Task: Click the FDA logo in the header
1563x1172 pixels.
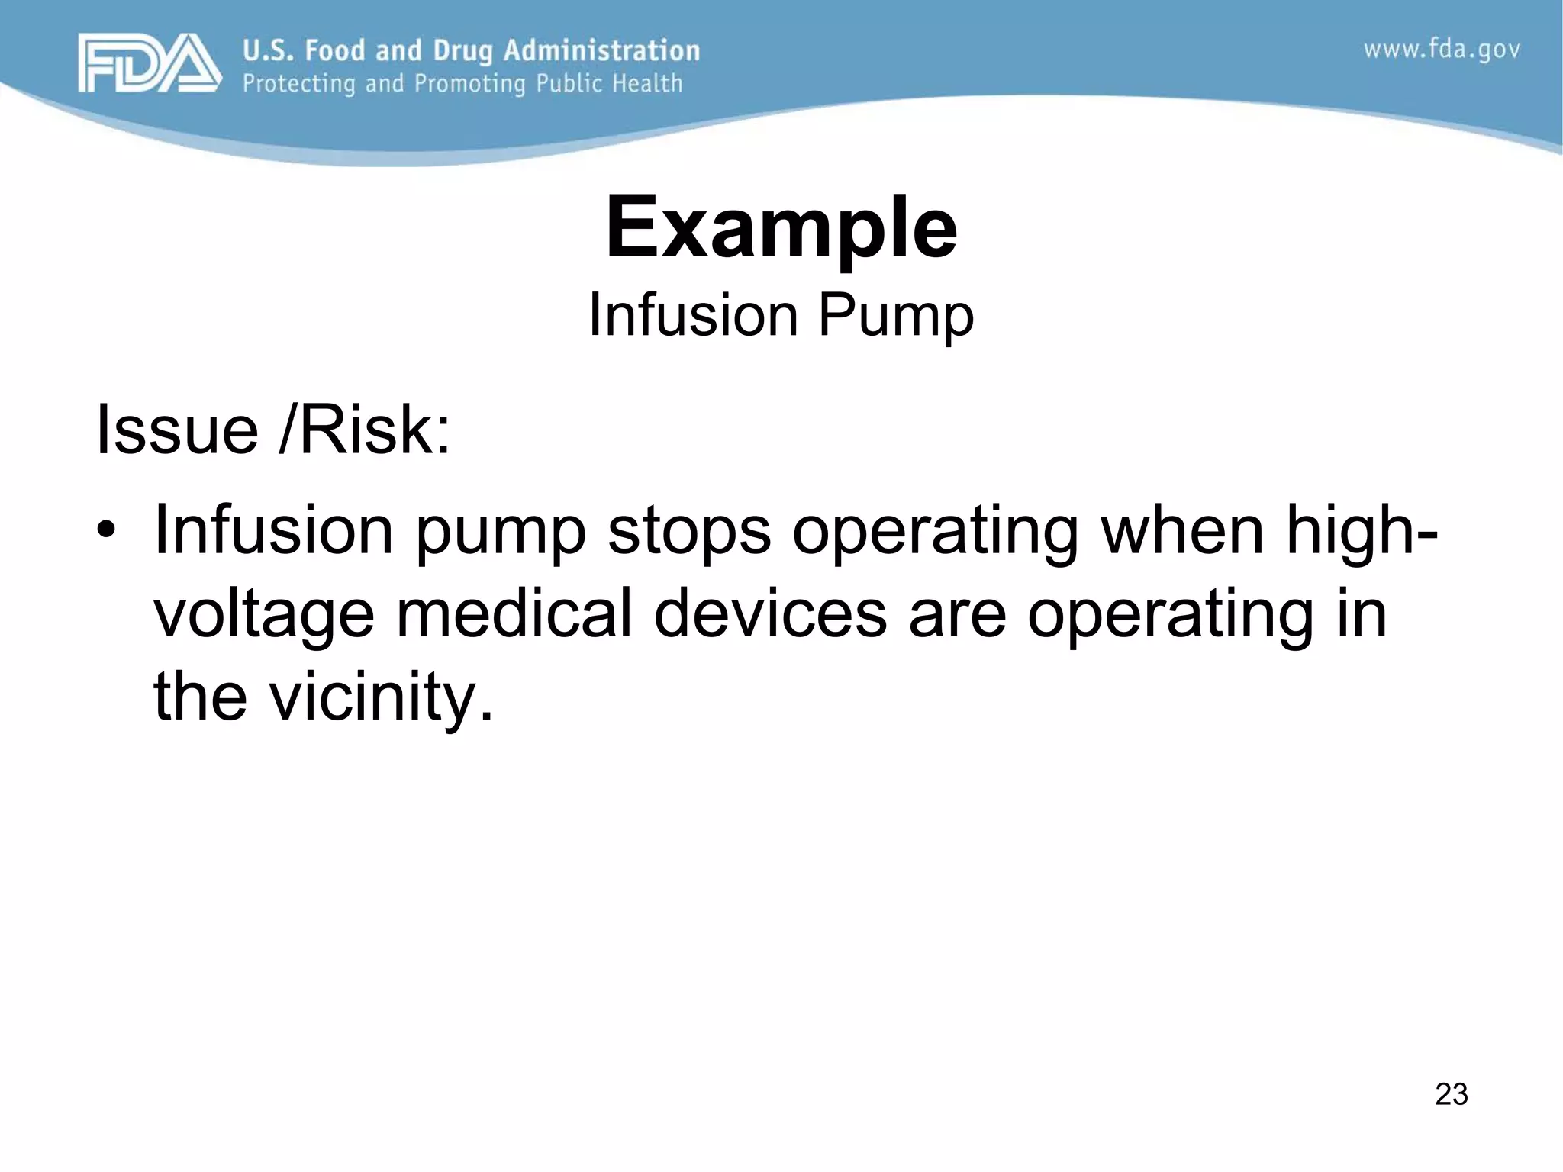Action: pyautogui.click(x=149, y=63)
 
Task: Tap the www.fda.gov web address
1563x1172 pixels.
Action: pyautogui.click(x=1442, y=50)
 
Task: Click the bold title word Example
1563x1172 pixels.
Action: pyautogui.click(x=781, y=227)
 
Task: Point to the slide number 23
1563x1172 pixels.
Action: pyautogui.click(x=1451, y=1094)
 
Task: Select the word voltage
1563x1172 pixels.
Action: pyautogui.click(x=264, y=615)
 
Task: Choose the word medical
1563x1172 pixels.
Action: pyautogui.click(x=514, y=613)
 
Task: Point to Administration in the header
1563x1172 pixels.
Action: pyautogui.click(x=601, y=50)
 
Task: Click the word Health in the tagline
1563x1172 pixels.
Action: pyautogui.click(x=647, y=83)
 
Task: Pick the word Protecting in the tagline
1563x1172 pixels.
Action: pyautogui.click(x=298, y=83)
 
